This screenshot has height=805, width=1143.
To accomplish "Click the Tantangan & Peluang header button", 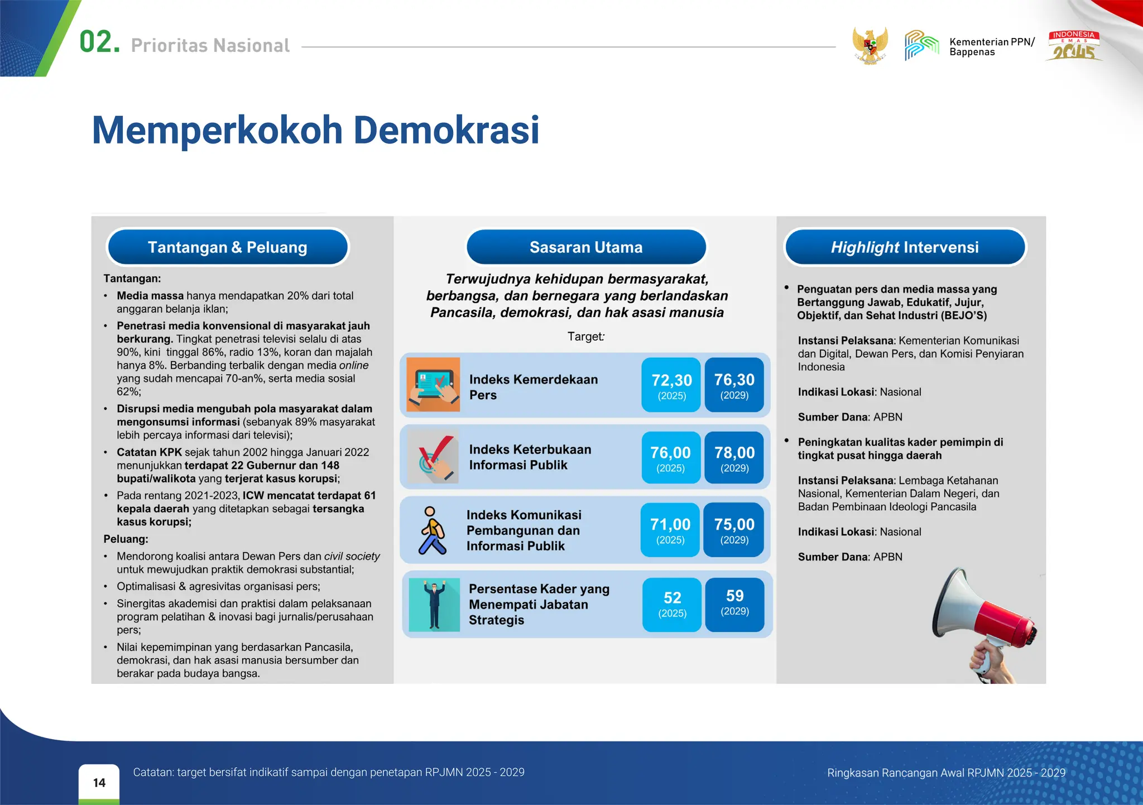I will pos(228,247).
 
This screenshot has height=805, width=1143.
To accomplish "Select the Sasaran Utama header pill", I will pos(586,247).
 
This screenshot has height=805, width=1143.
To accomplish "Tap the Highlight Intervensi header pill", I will pos(905,247).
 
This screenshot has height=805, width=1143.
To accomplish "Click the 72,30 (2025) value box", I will pos(671,385).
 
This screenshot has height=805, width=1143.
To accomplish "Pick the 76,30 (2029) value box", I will pos(734,385).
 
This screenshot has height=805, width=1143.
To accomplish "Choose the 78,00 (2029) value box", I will pos(734,458).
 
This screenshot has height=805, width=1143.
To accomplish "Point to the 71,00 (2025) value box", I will pos(670,530).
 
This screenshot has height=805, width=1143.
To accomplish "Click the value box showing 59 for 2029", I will pos(734,605).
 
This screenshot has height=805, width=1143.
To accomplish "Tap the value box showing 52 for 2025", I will pos(672,605).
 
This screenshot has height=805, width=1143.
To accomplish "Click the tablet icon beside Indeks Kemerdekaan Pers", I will pos(433,385).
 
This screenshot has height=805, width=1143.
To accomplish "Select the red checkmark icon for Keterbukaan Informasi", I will pos(434,457).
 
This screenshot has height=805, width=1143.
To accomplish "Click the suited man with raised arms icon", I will pos(434,605).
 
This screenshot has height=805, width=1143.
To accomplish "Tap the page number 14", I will pos(99,783).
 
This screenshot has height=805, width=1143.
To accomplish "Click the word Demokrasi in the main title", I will pos(446,130).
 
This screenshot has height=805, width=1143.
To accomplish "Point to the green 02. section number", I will pos(99,42).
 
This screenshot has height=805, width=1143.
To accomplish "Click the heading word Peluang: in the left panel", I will pos(126,539).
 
